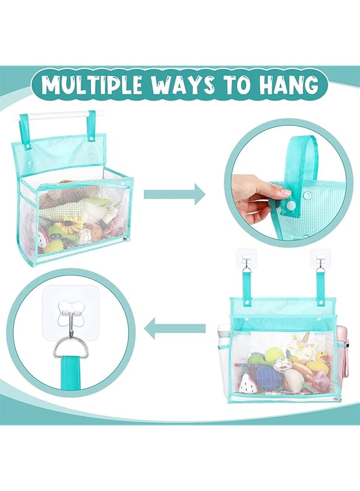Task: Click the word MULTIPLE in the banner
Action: [x=100, y=86]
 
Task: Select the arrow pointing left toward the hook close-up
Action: [x=175, y=328]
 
